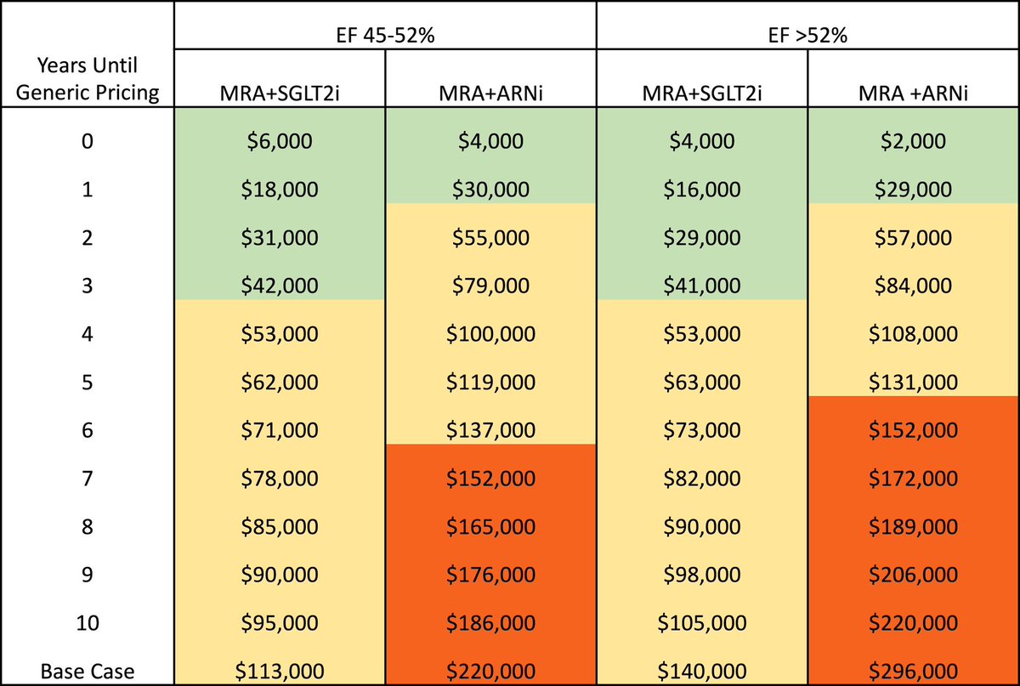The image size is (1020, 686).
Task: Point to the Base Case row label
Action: (x=88, y=672)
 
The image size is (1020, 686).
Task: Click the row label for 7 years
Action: (x=88, y=479)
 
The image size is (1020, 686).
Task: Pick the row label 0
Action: (x=88, y=140)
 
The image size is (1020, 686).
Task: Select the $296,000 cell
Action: (x=913, y=672)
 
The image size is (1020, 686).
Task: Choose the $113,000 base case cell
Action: (x=279, y=672)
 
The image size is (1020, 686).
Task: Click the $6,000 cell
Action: (x=279, y=140)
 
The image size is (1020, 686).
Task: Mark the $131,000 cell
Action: (x=913, y=383)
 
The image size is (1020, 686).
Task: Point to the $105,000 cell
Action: (x=701, y=623)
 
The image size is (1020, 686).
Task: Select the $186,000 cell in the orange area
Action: (x=490, y=623)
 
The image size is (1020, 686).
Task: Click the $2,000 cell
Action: (x=913, y=140)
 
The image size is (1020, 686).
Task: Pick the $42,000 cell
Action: (x=279, y=286)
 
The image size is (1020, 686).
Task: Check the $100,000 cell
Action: (x=490, y=334)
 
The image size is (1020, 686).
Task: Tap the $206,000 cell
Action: (x=913, y=575)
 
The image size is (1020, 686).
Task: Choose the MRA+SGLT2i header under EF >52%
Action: (x=701, y=92)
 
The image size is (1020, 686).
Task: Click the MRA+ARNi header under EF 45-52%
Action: (x=490, y=92)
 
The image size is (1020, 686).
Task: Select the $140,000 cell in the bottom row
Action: (x=701, y=672)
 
